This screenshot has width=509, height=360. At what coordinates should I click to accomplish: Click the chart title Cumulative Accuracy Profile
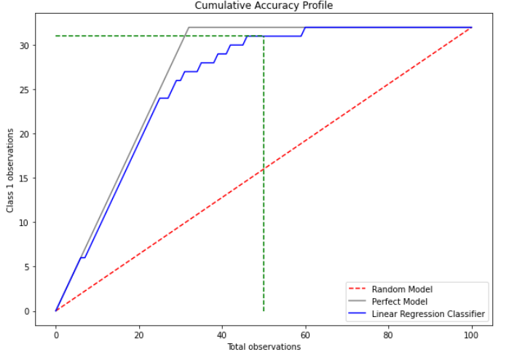263,6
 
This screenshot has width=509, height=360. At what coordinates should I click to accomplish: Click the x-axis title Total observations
263,347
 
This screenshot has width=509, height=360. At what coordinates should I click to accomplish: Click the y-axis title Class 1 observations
10,171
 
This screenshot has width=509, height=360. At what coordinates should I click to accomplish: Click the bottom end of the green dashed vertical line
264,311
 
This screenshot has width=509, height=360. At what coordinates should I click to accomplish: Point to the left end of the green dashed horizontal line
56,36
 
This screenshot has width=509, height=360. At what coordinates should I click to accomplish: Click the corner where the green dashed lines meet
264,36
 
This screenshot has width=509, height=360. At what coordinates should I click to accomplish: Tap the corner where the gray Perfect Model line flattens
189,27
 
